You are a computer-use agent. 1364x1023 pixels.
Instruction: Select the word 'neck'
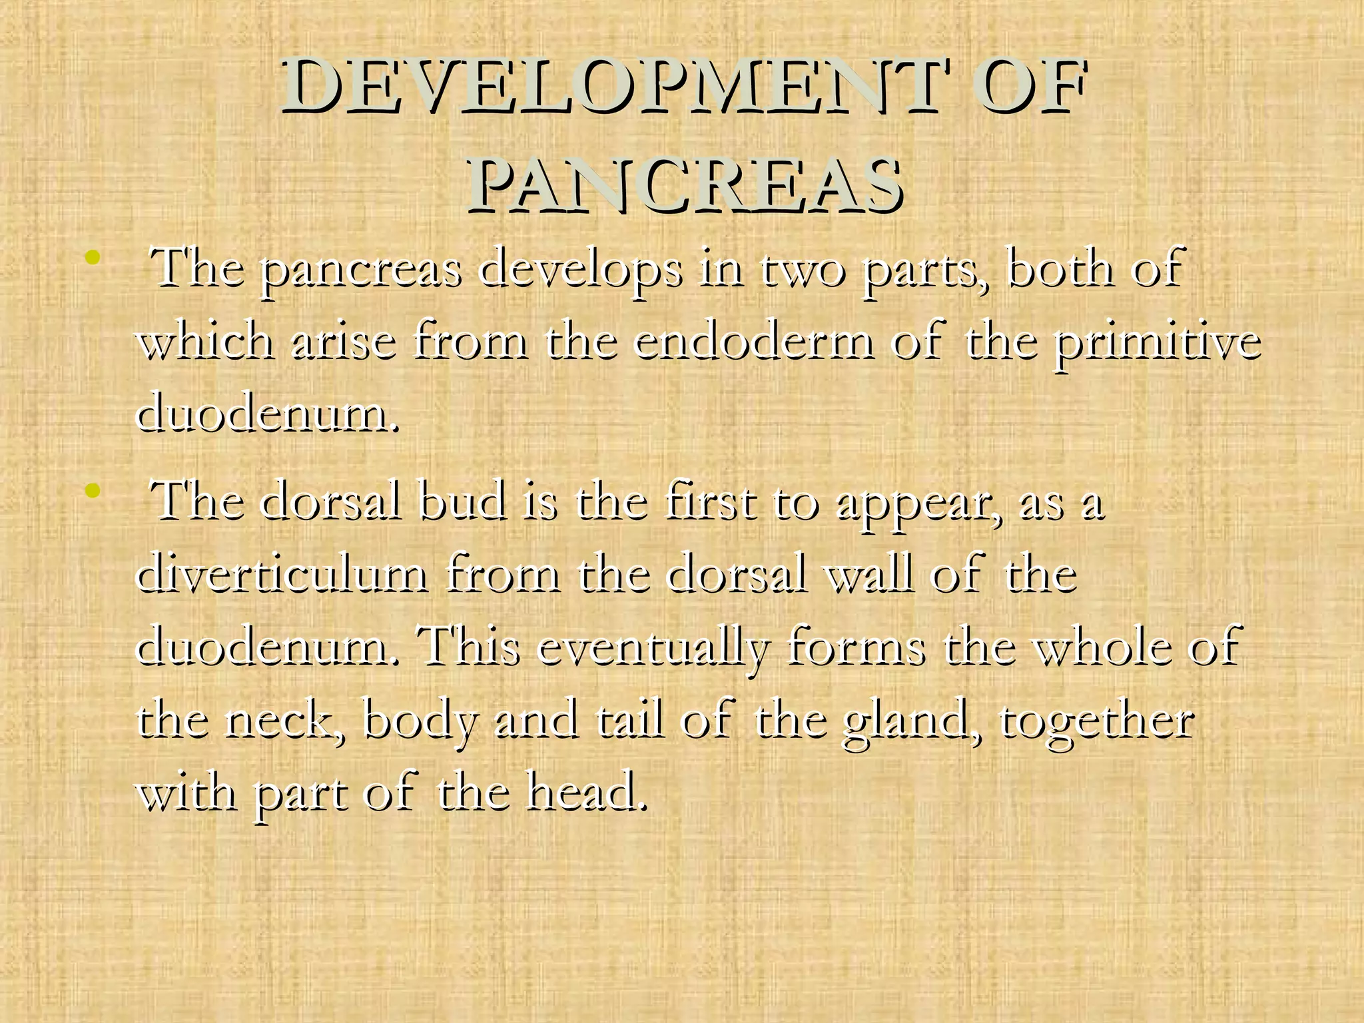pos(286,721)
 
